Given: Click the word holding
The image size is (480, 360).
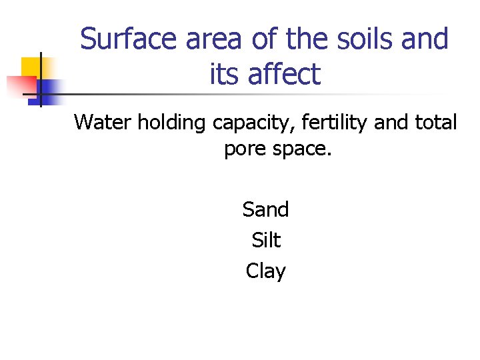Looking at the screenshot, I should (173, 123).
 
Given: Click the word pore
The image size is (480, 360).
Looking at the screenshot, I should (244, 150).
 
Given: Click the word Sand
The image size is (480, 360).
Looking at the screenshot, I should (265, 210).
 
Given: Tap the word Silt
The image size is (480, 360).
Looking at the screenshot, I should (266, 240).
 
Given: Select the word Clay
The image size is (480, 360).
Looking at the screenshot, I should (265, 271).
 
